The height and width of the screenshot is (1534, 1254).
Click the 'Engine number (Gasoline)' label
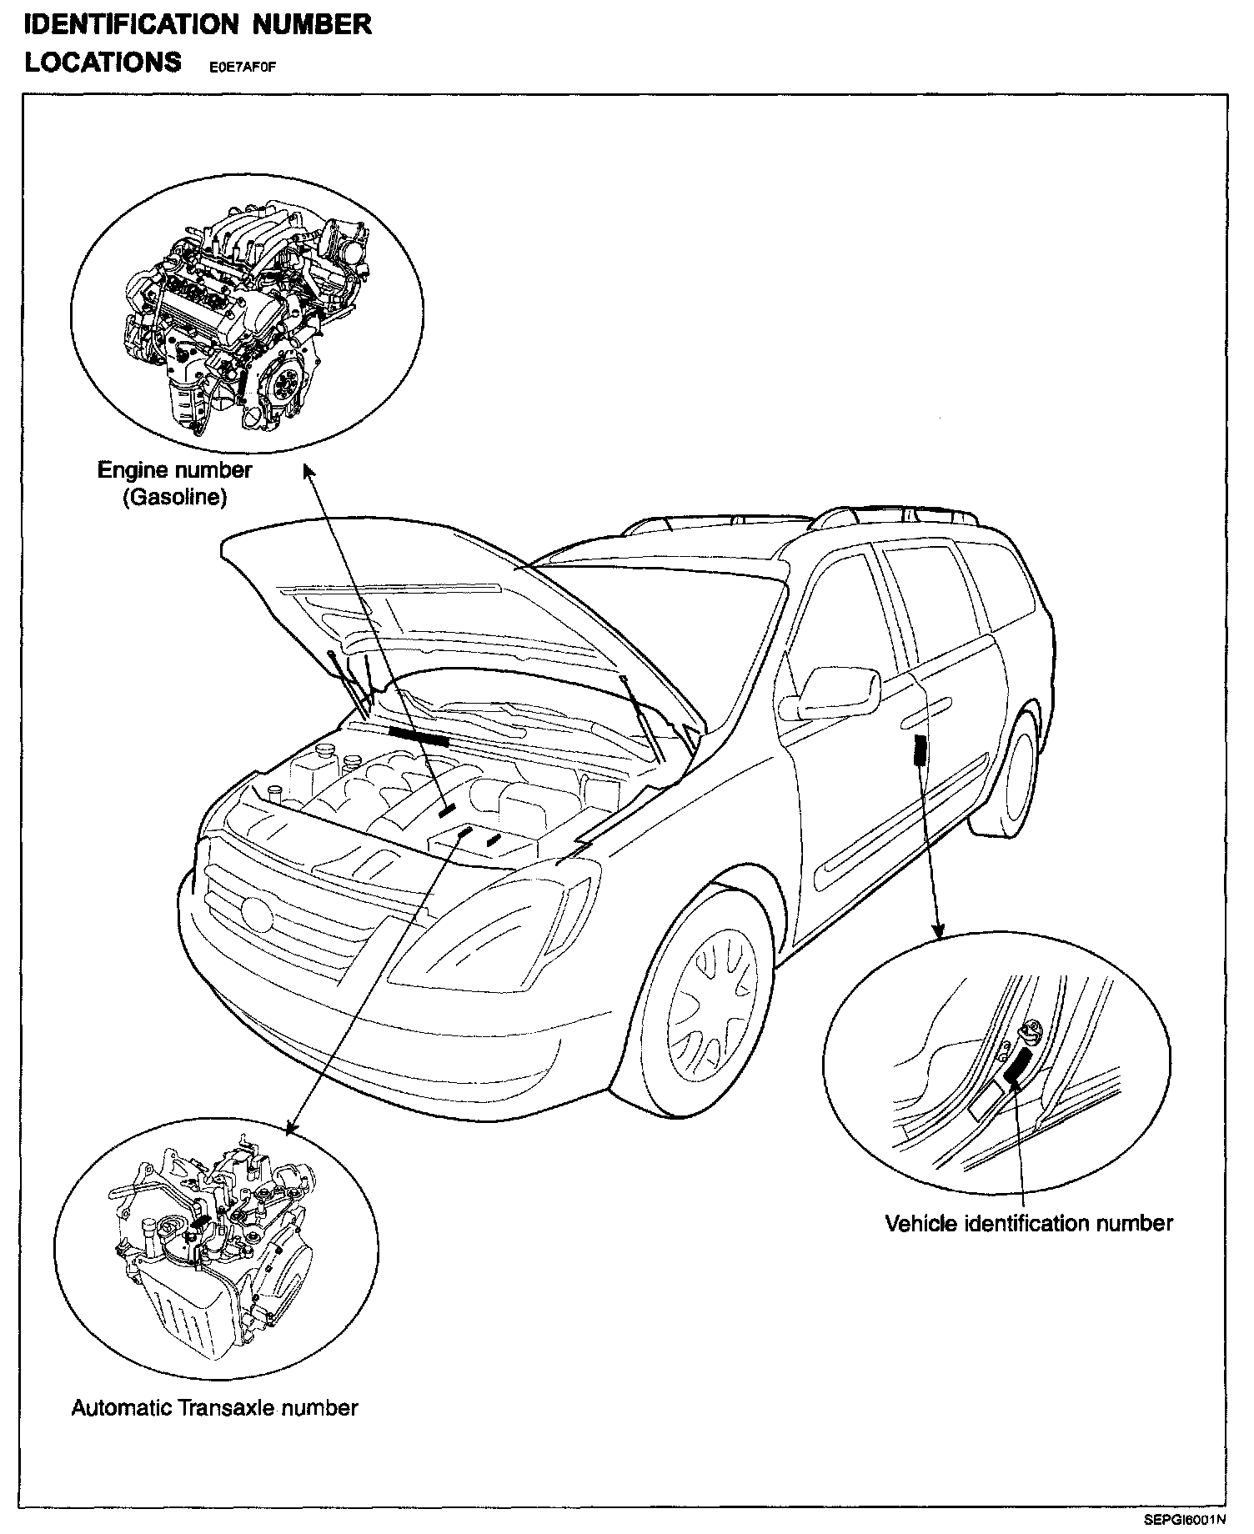[x=175, y=484]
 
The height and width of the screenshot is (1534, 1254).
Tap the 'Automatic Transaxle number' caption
[x=214, y=1408]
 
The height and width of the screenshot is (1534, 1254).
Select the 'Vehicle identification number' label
[x=1028, y=1223]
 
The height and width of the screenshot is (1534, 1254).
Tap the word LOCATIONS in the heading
[x=103, y=63]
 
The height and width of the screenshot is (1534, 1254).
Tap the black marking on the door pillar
[x=920, y=751]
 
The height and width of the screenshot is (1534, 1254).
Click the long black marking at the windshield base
[x=419, y=734]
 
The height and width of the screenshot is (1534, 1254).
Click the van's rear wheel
[x=1015, y=772]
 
